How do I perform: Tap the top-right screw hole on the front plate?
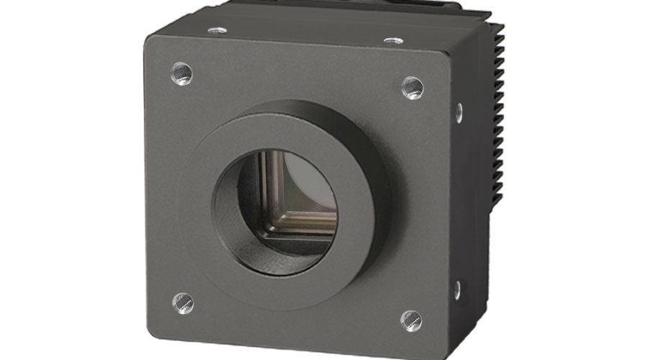coord(413,86)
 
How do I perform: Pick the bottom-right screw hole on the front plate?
coord(411,319)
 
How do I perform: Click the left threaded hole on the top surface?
coord(215,30)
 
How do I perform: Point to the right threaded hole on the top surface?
coord(391,40)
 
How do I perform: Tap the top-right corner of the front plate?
coord(445,55)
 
